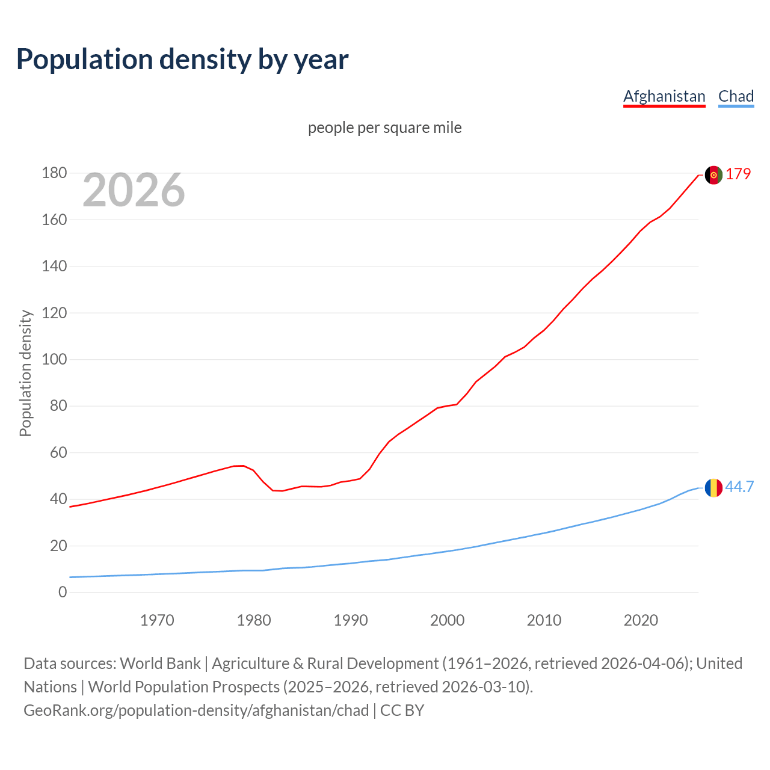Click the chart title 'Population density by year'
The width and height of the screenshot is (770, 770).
click(182, 60)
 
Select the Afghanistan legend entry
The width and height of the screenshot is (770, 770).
click(664, 96)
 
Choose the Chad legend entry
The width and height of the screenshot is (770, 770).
click(736, 96)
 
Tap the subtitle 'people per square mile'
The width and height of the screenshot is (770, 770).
click(384, 128)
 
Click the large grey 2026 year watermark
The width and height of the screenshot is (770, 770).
click(134, 190)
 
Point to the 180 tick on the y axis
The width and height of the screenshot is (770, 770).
click(54, 173)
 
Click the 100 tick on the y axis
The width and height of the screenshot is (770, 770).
click(54, 360)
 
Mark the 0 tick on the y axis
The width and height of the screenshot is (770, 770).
click(63, 593)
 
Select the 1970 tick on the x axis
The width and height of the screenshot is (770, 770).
click(157, 620)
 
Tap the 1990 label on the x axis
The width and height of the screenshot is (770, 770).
click(351, 620)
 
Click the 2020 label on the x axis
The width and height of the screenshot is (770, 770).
click(641, 620)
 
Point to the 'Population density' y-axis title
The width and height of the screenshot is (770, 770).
click(25, 373)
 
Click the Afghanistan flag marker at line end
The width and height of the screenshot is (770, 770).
click(713, 175)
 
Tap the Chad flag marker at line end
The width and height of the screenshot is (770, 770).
click(713, 487)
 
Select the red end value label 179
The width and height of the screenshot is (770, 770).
click(738, 174)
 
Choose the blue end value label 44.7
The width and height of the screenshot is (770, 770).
click(739, 487)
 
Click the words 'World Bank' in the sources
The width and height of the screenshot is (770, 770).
click(160, 664)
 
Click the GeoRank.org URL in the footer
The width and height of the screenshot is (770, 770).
click(196, 710)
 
